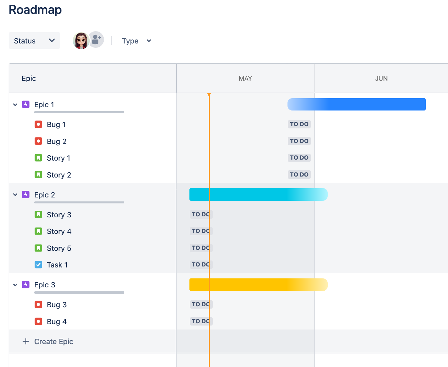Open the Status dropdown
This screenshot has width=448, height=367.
(34, 40)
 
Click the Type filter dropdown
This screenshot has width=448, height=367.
(136, 41)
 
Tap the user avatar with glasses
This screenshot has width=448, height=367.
(81, 40)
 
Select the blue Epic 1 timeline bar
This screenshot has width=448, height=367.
(356, 104)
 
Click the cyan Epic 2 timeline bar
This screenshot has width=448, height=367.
(258, 194)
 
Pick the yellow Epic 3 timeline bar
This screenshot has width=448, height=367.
(258, 285)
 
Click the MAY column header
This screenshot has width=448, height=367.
(245, 79)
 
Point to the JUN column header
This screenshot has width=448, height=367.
(381, 79)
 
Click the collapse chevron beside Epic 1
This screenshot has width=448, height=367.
(15, 105)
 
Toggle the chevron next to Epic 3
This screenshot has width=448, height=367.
(15, 285)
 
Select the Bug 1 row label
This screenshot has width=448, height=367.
(56, 125)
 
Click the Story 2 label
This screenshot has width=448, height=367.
(59, 175)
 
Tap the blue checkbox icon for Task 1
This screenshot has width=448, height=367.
(39, 265)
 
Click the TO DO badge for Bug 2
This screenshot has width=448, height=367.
(299, 141)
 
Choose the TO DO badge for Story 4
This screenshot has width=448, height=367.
(201, 231)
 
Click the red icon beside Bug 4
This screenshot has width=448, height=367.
(39, 322)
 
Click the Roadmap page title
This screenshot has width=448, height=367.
(35, 10)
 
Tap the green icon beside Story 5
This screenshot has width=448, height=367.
(39, 248)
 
